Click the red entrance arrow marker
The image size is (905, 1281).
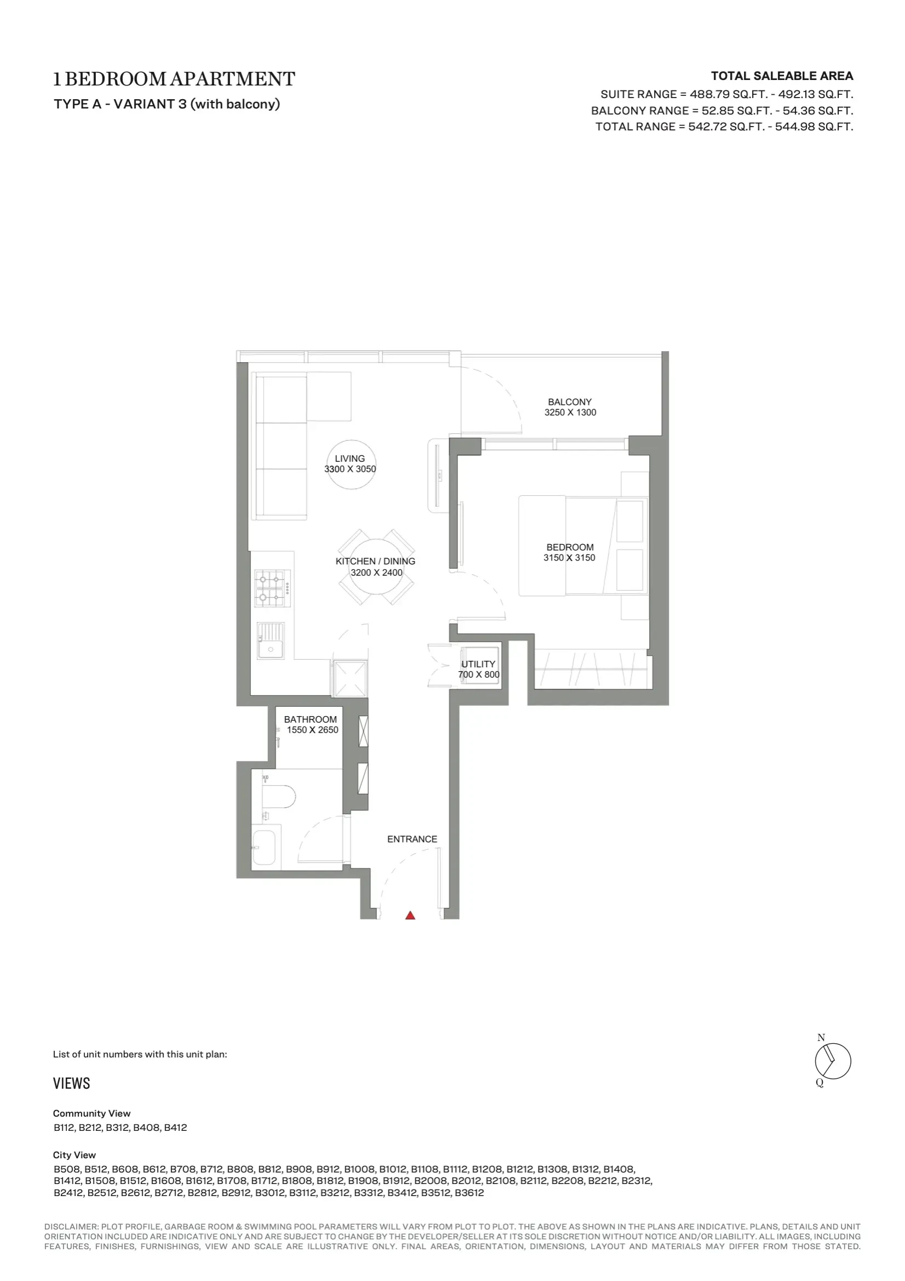point(410,915)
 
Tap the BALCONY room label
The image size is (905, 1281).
point(570,402)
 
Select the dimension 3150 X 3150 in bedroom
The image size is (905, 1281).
point(569,557)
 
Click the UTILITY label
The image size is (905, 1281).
point(478,664)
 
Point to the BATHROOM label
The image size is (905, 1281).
point(310,720)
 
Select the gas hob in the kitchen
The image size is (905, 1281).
point(273,588)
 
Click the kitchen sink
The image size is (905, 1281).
point(271,640)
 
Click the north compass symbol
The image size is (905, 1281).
point(833,1062)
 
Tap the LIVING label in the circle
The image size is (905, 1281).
point(350,459)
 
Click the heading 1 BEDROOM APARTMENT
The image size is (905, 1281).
point(174,79)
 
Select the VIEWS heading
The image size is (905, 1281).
point(71,1084)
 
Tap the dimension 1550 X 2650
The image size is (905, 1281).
point(312,730)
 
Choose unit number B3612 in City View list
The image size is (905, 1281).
point(469,1193)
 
